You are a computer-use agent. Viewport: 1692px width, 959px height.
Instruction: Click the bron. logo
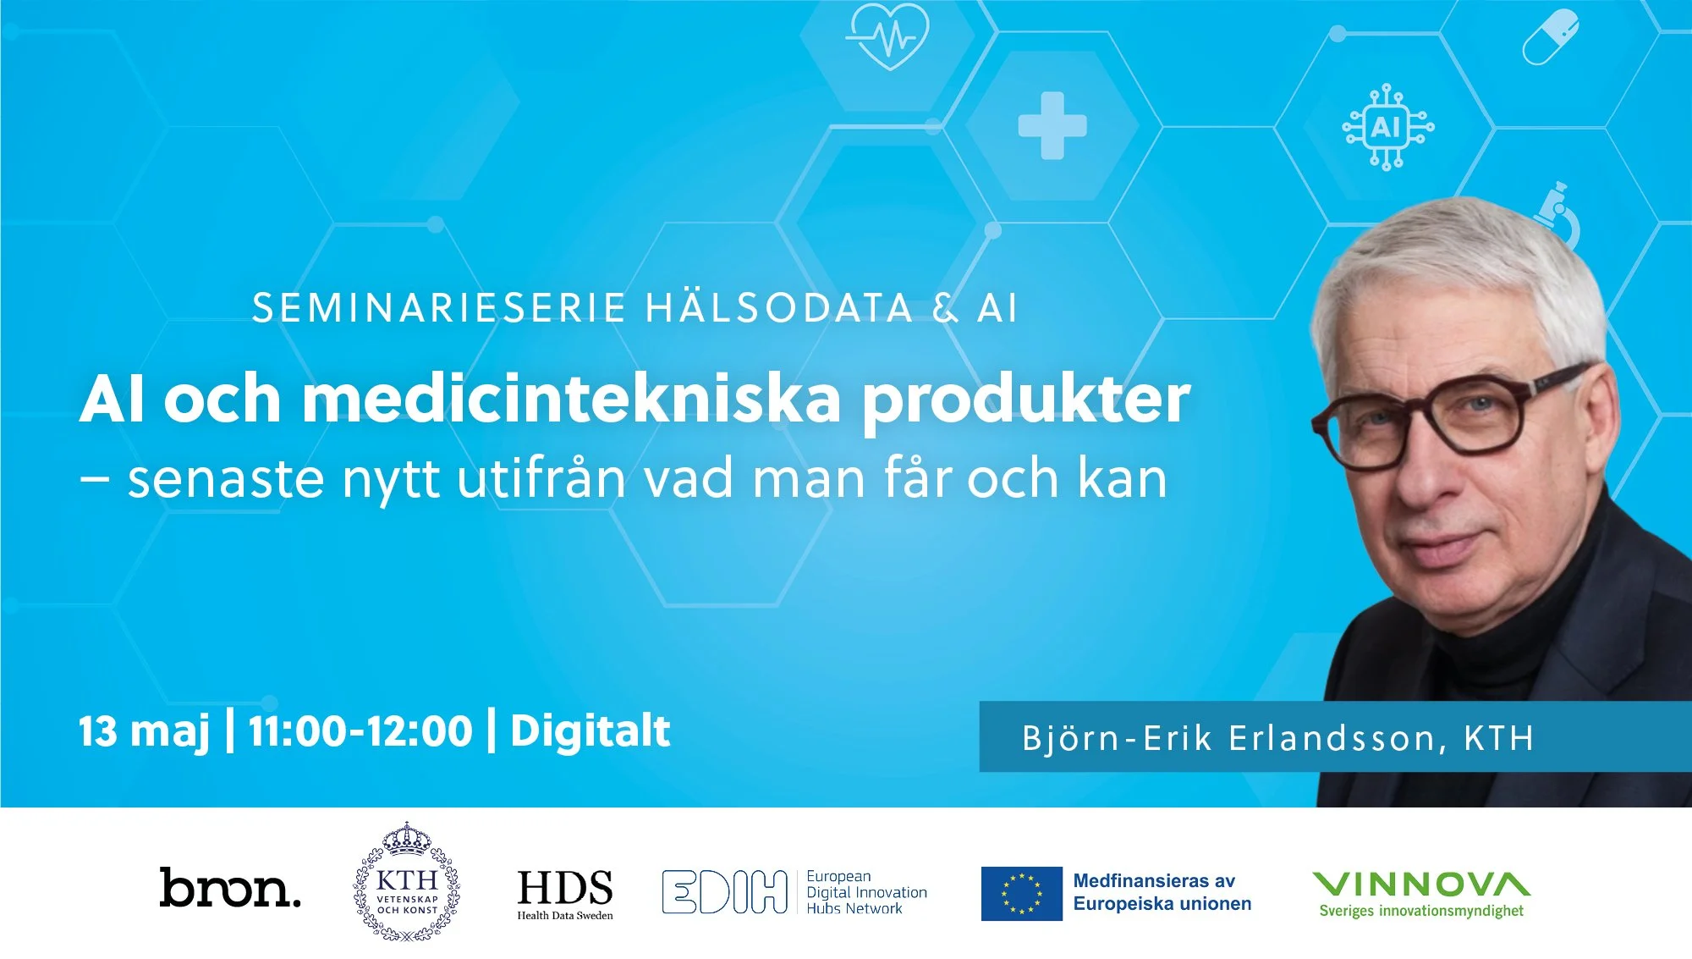coord(229,888)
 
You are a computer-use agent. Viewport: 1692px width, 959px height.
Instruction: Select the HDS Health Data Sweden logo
coord(565,893)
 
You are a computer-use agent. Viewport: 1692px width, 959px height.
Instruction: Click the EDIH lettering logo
coord(724,892)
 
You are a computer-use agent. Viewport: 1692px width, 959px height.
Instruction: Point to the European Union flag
coord(1021,893)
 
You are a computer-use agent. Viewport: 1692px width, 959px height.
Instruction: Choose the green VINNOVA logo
coord(1421,894)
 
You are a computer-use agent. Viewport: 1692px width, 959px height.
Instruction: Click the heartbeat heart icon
coord(887,36)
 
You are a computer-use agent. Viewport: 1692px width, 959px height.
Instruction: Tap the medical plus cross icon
coord(1052,126)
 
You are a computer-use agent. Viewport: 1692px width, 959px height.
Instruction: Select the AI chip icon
coord(1387,127)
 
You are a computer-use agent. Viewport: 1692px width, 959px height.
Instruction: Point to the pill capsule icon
coord(1551,38)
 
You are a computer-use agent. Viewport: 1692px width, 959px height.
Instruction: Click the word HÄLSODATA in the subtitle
coord(778,308)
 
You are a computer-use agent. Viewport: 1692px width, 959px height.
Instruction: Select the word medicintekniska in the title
coord(572,399)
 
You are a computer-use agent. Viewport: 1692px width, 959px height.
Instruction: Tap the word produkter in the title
coord(1025,400)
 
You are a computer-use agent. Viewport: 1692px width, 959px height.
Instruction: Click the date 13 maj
coord(144,731)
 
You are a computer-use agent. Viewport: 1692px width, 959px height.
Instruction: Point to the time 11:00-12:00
coord(360,731)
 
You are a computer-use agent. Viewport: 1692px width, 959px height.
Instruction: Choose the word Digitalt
coord(590,731)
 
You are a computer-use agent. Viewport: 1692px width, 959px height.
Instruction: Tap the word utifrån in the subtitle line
coord(541,478)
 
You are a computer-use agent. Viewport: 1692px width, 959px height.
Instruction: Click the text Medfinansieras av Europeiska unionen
coord(1162,892)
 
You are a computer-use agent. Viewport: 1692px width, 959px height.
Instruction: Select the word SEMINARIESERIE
coord(439,308)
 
